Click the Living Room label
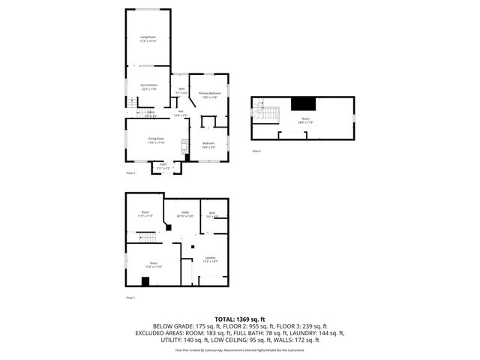tap(148, 39)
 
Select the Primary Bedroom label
tap(209, 94)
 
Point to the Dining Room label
tap(155, 140)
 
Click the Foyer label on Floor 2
tap(163, 168)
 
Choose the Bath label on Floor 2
tap(181, 91)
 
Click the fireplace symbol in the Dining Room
tap(182, 148)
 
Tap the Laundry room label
tap(211, 259)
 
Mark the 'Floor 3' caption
tap(256, 151)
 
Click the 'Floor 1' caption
tap(130, 298)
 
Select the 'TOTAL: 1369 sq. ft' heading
tap(239, 319)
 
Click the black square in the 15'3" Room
tap(145, 281)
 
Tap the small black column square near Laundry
tap(193, 247)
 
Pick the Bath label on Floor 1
tap(212, 214)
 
